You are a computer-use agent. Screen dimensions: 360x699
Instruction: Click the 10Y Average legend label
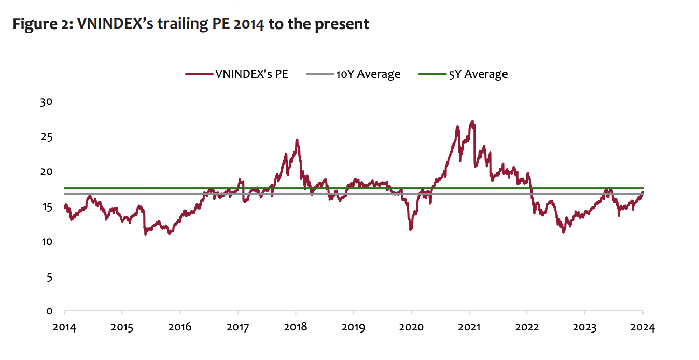pos(368,74)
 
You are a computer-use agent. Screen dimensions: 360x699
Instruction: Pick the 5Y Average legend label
pos(478,74)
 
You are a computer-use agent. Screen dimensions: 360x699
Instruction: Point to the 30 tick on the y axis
pos(47,102)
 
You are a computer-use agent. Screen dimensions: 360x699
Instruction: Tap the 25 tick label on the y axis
pos(47,137)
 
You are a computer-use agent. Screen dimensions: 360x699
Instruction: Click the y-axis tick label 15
pos(47,207)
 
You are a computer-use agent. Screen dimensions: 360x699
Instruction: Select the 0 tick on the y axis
pos(49,311)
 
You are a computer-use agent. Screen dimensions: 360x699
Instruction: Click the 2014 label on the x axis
pos(64,328)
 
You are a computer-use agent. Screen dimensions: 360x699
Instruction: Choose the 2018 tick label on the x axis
pos(296,328)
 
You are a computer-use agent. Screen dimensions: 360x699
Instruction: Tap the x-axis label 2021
pos(469,328)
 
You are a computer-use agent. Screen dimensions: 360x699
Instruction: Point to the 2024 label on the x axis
pos(643,328)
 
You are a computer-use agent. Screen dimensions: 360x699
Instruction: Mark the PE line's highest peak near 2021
pos(472,121)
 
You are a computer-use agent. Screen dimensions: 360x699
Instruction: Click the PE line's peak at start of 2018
pos(297,140)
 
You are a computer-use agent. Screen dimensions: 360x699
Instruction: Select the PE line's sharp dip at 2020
pos(411,229)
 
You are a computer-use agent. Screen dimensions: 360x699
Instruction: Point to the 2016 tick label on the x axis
pos(180,328)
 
